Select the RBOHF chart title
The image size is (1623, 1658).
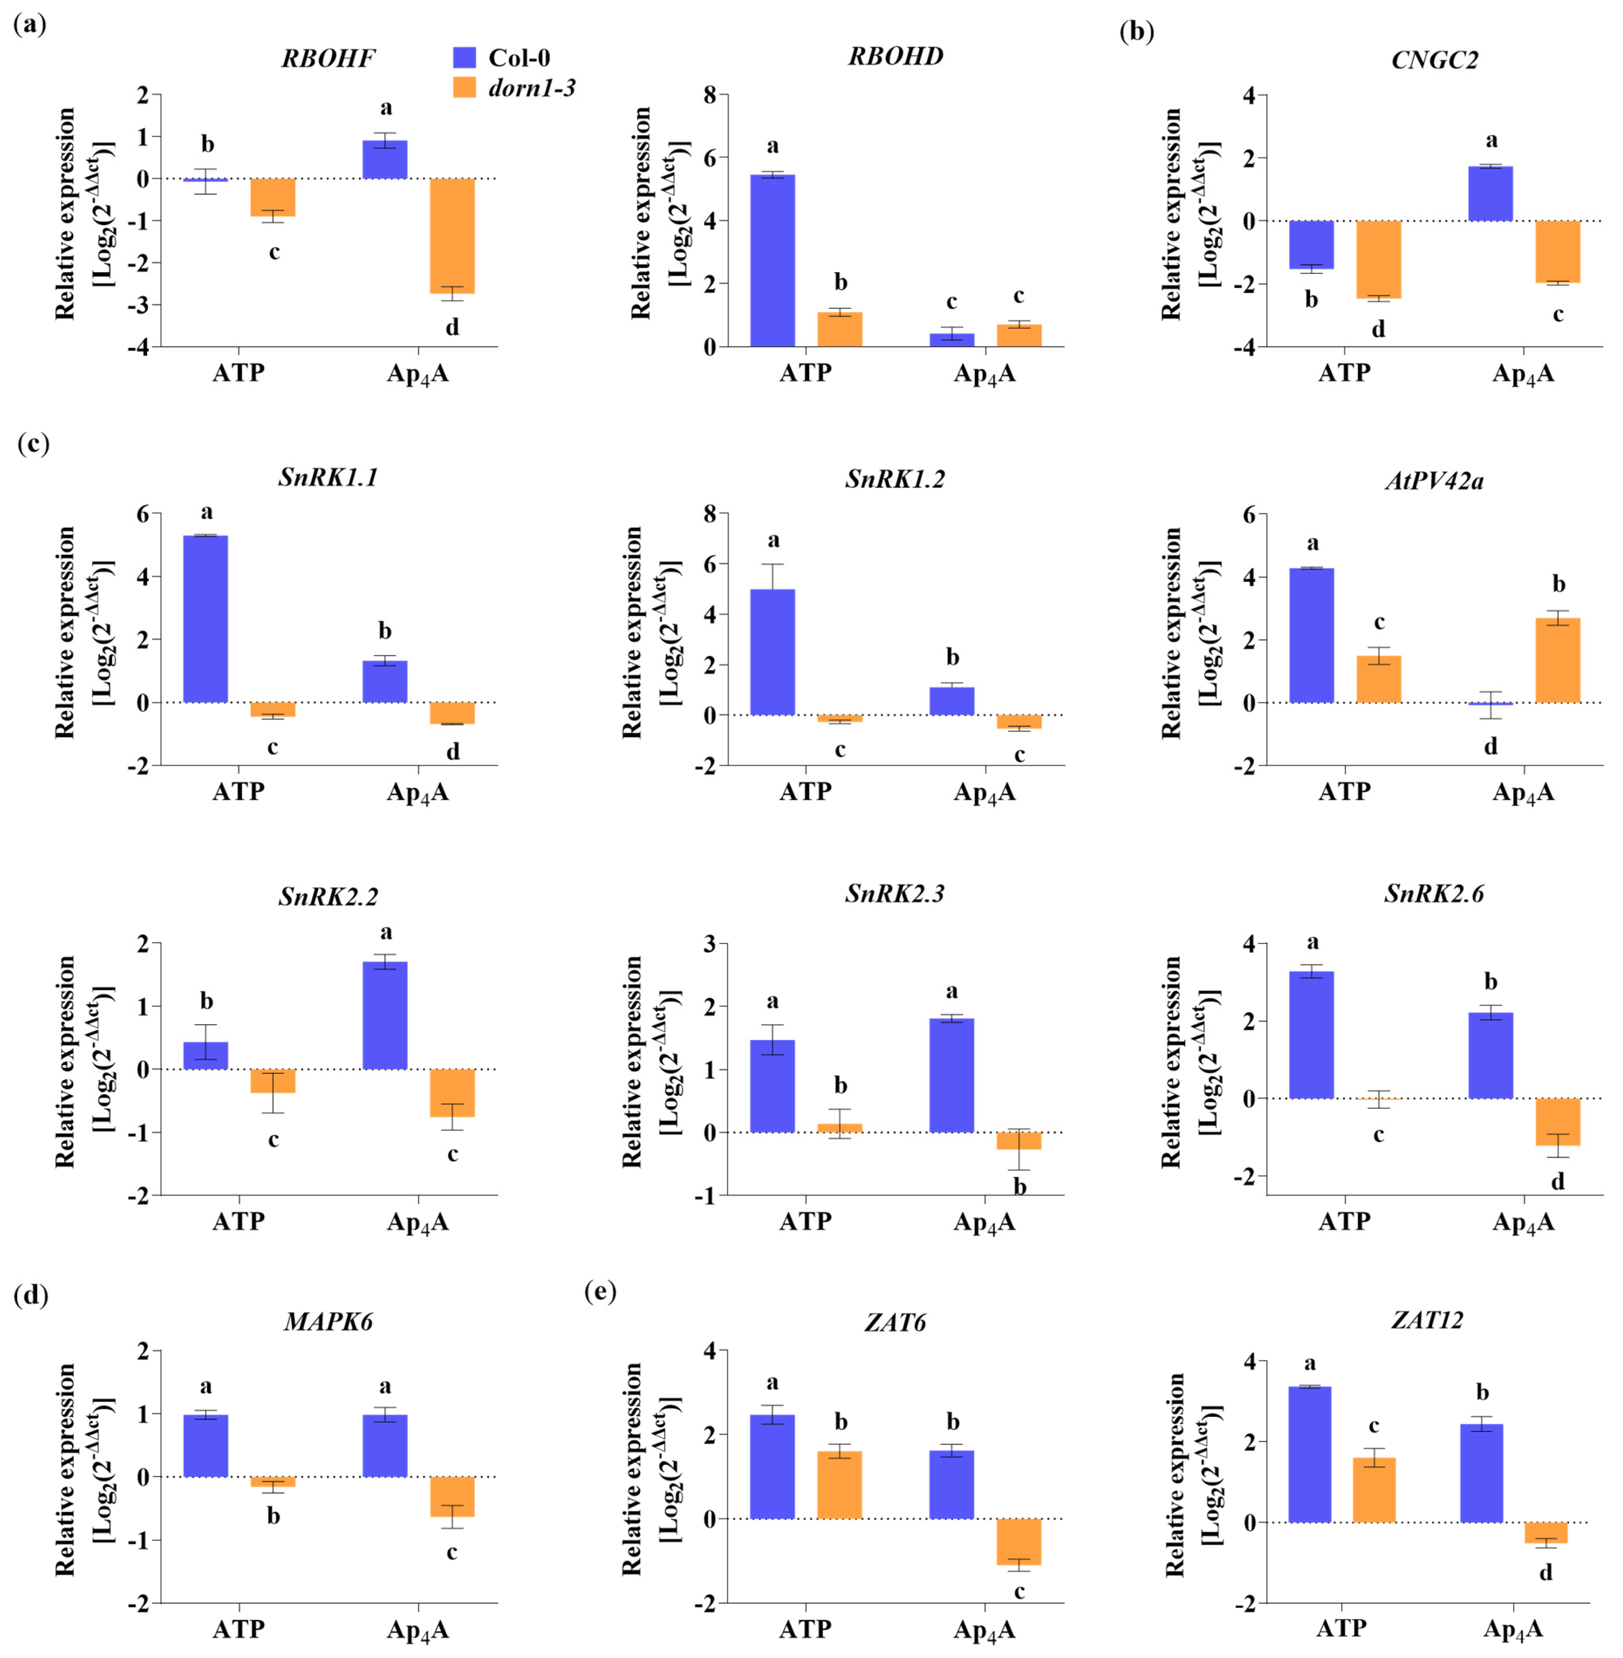point(328,58)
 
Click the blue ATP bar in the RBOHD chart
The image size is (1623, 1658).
point(772,260)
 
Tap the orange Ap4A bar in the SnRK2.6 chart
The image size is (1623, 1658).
point(1557,1121)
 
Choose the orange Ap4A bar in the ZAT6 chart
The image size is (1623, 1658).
point(1019,1541)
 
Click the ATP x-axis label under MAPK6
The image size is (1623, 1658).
point(239,1629)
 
